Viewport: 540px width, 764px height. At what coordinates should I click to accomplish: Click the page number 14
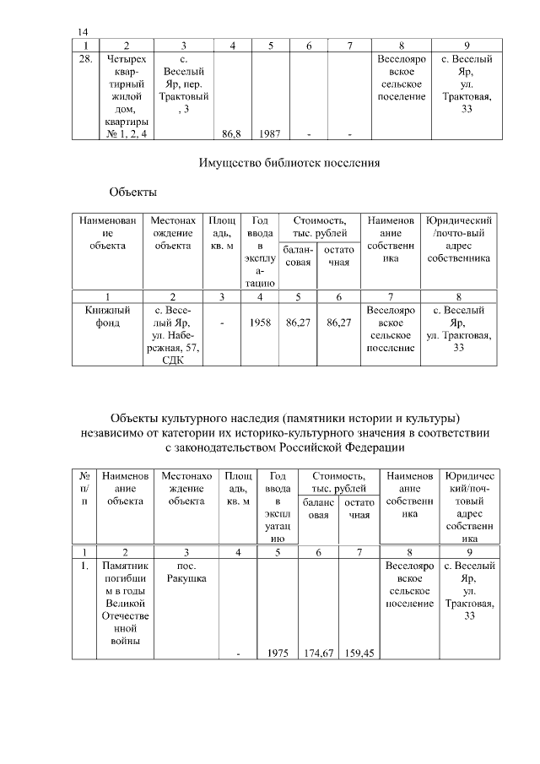tap(84, 31)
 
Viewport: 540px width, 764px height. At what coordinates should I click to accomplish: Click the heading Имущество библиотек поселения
tap(285, 163)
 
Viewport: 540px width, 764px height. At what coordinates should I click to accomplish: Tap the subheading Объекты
tap(132, 192)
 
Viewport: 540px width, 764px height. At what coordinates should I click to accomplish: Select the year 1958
tap(260, 322)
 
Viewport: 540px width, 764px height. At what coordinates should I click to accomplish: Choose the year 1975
tap(279, 653)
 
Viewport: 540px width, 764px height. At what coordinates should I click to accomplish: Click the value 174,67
tap(318, 653)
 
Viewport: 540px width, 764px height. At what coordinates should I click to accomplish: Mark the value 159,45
tap(359, 653)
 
